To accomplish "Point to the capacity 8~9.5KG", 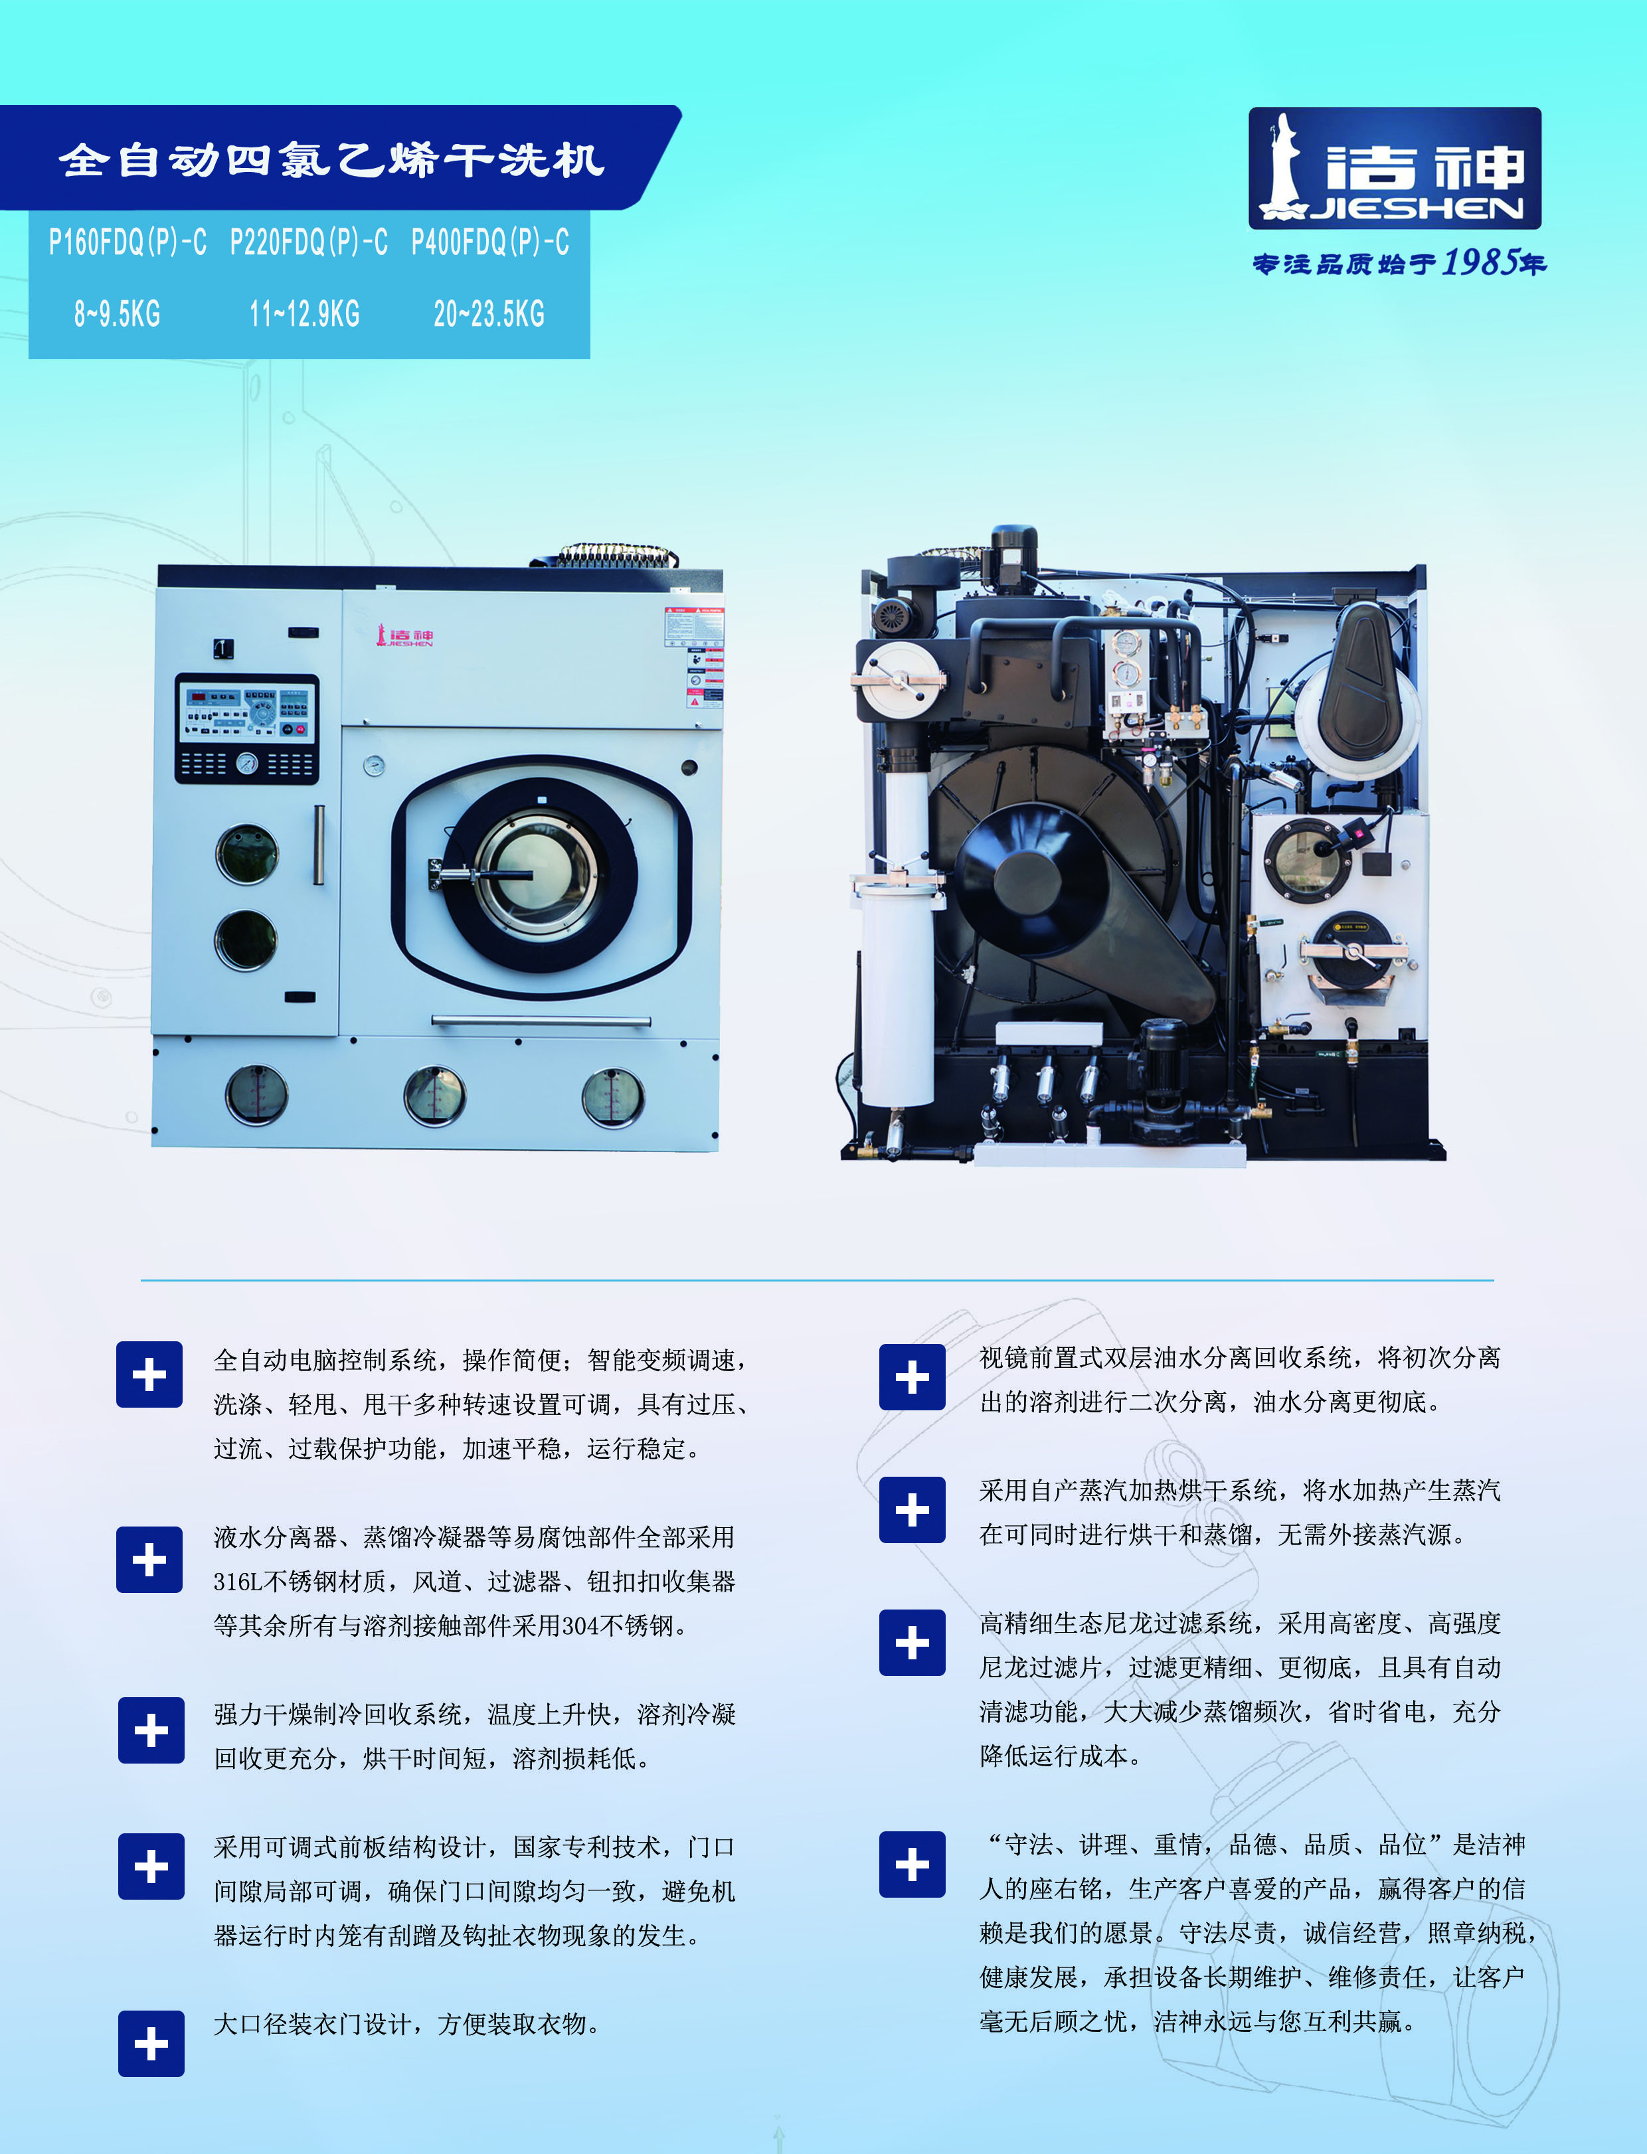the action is click(x=117, y=313).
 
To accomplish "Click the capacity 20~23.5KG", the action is click(x=489, y=313).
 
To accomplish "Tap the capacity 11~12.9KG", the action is click(x=305, y=313).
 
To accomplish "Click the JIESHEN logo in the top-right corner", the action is click(x=1394, y=169).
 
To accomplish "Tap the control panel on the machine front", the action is click(x=247, y=728).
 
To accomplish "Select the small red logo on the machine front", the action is click(x=405, y=636).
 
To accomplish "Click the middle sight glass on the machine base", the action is click(x=435, y=1095).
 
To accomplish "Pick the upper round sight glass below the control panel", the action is click(x=247, y=853).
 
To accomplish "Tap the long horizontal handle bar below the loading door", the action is click(x=541, y=1021).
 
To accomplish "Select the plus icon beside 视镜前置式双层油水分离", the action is click(x=912, y=1377).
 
